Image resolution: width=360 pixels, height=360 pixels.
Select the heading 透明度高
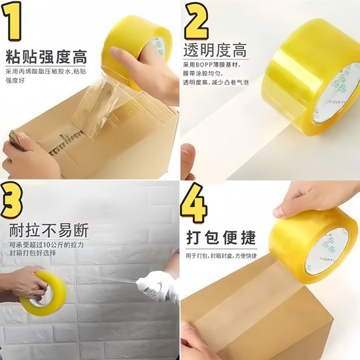215,50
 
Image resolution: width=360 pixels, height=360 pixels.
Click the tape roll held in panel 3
42,293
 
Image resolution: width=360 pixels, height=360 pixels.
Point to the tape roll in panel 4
313,240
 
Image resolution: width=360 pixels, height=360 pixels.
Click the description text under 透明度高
212,73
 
